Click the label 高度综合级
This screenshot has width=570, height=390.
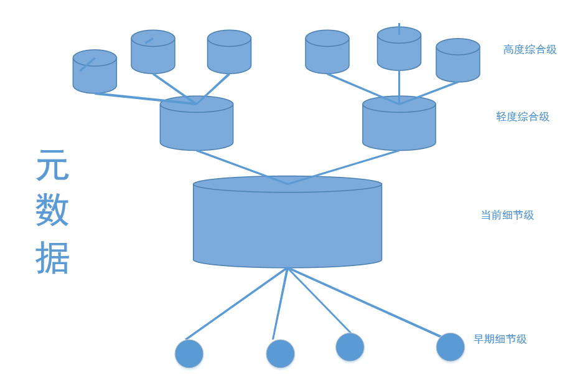[530, 50]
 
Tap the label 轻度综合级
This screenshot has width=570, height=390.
[523, 117]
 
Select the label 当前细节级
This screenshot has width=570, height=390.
[507, 215]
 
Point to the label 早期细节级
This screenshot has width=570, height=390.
[500, 339]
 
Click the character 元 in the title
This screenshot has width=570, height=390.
[52, 166]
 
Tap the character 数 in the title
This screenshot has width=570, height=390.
[52, 211]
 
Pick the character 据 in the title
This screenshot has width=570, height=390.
[52, 257]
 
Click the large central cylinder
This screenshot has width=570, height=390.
[287, 224]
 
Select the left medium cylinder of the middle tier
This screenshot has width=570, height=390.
[197, 125]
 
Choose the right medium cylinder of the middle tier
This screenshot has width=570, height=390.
[399, 125]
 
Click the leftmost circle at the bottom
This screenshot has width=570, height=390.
[189, 354]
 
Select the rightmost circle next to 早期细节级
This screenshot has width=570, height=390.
[451, 347]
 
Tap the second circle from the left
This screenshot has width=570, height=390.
[281, 354]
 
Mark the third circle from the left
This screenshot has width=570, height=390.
[350, 347]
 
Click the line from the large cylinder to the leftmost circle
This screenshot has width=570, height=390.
[236, 303]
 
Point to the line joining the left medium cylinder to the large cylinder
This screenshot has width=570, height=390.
[243, 168]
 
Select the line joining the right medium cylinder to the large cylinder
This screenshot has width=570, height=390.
[343, 167]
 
